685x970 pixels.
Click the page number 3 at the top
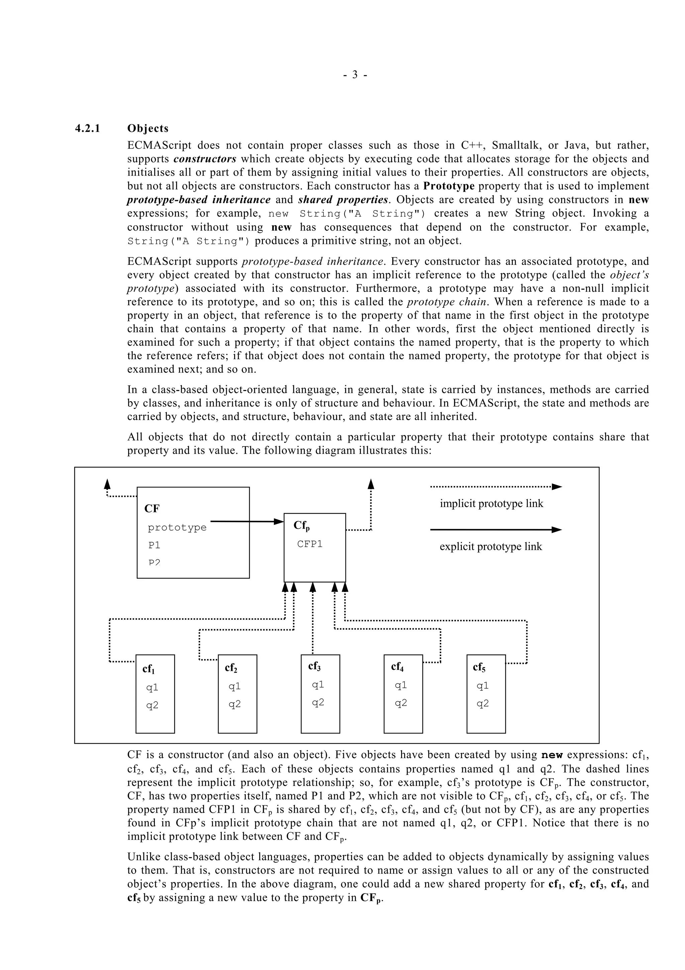[355, 75]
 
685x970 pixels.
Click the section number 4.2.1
[87, 129]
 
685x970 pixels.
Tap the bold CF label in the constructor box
[152, 509]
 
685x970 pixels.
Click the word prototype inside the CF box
[177, 528]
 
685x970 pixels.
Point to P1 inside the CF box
[154, 545]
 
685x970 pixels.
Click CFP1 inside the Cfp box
[310, 544]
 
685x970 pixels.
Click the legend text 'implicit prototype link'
[491, 504]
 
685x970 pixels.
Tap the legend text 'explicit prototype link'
[490, 547]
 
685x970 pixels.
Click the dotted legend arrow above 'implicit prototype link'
[496, 487]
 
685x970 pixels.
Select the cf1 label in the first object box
[149, 669]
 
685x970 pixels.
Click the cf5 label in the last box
[479, 667]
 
